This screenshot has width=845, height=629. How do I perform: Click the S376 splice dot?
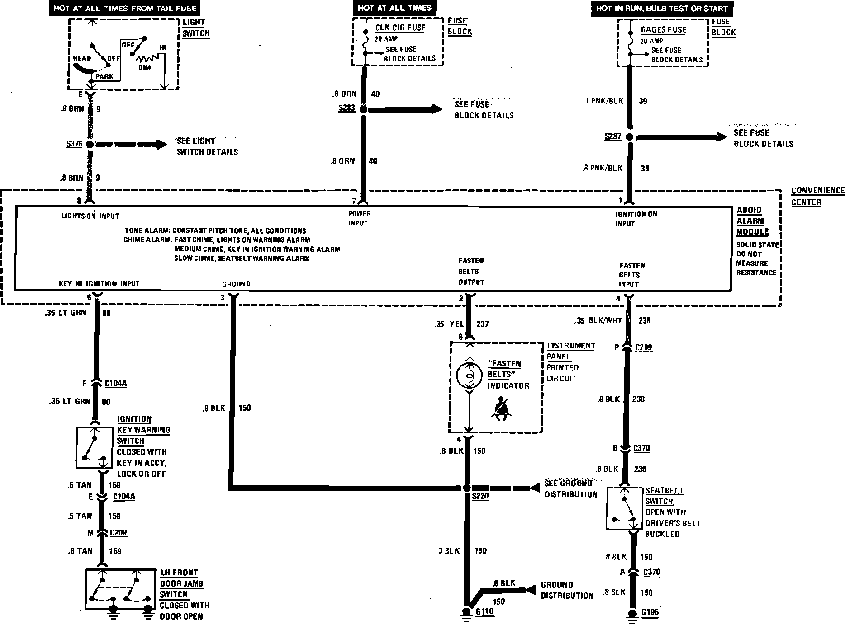tap(90, 145)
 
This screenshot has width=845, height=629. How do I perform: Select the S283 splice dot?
tap(363, 109)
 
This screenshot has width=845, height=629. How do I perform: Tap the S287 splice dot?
tap(629, 137)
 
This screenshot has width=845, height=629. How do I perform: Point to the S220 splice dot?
tap(467, 488)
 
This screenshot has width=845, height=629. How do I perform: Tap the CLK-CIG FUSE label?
tap(400, 28)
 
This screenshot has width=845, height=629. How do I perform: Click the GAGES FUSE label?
tap(663, 30)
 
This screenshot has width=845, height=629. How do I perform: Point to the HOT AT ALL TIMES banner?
tap(394, 8)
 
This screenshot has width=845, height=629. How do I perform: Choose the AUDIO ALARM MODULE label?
tap(752, 221)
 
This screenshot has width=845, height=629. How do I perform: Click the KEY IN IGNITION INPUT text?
tap(99, 284)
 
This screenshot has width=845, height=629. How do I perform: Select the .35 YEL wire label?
tap(448, 324)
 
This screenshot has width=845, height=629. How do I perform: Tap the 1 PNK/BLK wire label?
tap(604, 101)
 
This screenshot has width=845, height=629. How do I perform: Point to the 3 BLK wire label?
tap(449, 550)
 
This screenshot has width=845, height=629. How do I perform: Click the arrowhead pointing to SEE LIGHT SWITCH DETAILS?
tap(161, 145)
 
